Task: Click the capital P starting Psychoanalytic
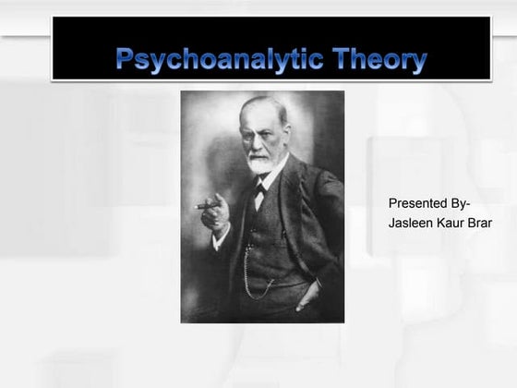pos(126,62)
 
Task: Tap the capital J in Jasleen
pos(392,223)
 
